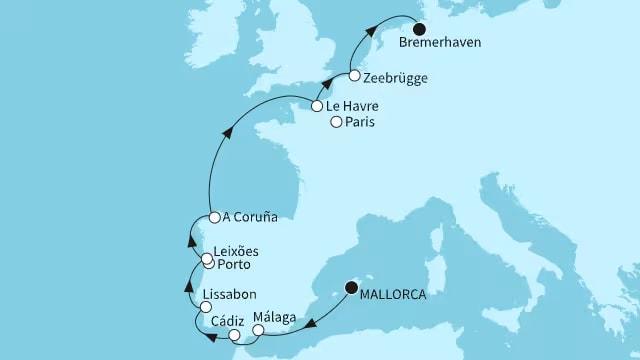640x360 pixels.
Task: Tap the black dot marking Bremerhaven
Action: pyautogui.click(x=420, y=29)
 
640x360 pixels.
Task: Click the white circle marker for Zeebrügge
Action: pyautogui.click(x=354, y=76)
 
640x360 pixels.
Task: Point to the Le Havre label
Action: pyautogui.click(x=351, y=104)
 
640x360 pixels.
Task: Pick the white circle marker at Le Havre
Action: pyautogui.click(x=316, y=104)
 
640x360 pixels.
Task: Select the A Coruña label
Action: pyautogui.click(x=251, y=217)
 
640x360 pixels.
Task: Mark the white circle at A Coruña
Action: pyautogui.click(x=214, y=217)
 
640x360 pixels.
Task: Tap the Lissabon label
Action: pyautogui.click(x=229, y=296)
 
